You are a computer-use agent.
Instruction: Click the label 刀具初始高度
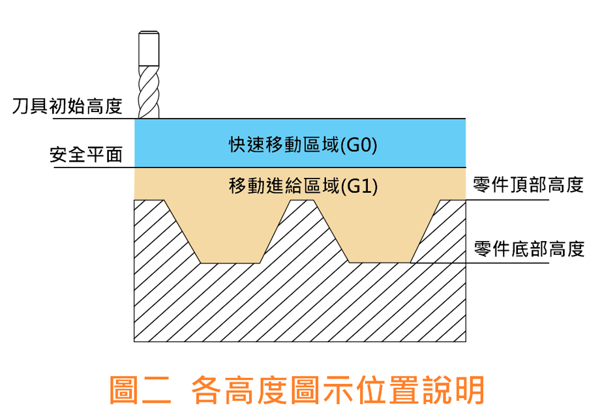pos(67,106)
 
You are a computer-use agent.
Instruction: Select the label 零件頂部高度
pos(527,186)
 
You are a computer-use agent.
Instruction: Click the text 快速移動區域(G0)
pos(303,145)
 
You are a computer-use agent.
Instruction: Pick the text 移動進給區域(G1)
pos(303,186)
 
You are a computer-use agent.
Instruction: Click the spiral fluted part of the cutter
pos(149,91)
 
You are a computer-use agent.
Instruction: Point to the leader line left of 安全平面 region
pos(91,167)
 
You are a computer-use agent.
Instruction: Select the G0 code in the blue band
pos(362,145)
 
